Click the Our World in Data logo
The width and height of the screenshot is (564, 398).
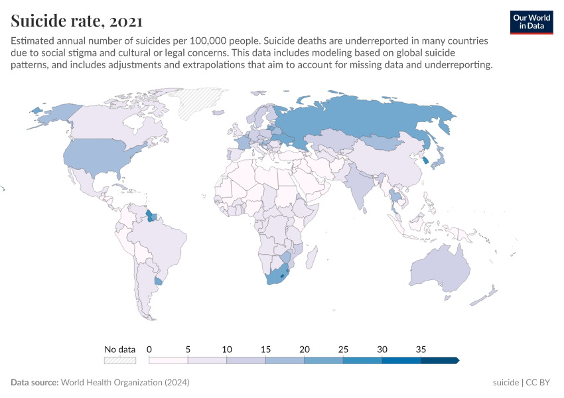[x=531, y=22]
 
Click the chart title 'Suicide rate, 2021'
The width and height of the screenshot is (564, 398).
[x=76, y=21]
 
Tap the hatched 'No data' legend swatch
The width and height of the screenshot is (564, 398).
[x=119, y=360]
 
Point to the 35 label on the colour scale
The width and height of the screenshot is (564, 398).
[x=421, y=349]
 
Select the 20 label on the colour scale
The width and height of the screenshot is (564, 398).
[x=305, y=349]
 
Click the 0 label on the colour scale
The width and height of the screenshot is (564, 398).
[x=149, y=349]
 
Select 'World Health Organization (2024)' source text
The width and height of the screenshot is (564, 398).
[x=125, y=383]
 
